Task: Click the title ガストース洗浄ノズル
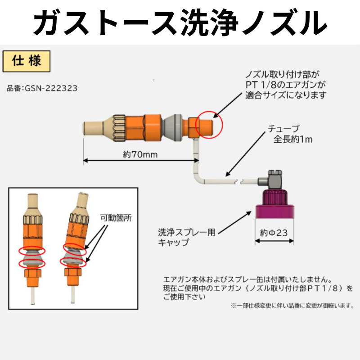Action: coord(180,21)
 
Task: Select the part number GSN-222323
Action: coord(42,89)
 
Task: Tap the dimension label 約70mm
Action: coord(139,155)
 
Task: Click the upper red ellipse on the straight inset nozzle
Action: coord(31,251)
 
